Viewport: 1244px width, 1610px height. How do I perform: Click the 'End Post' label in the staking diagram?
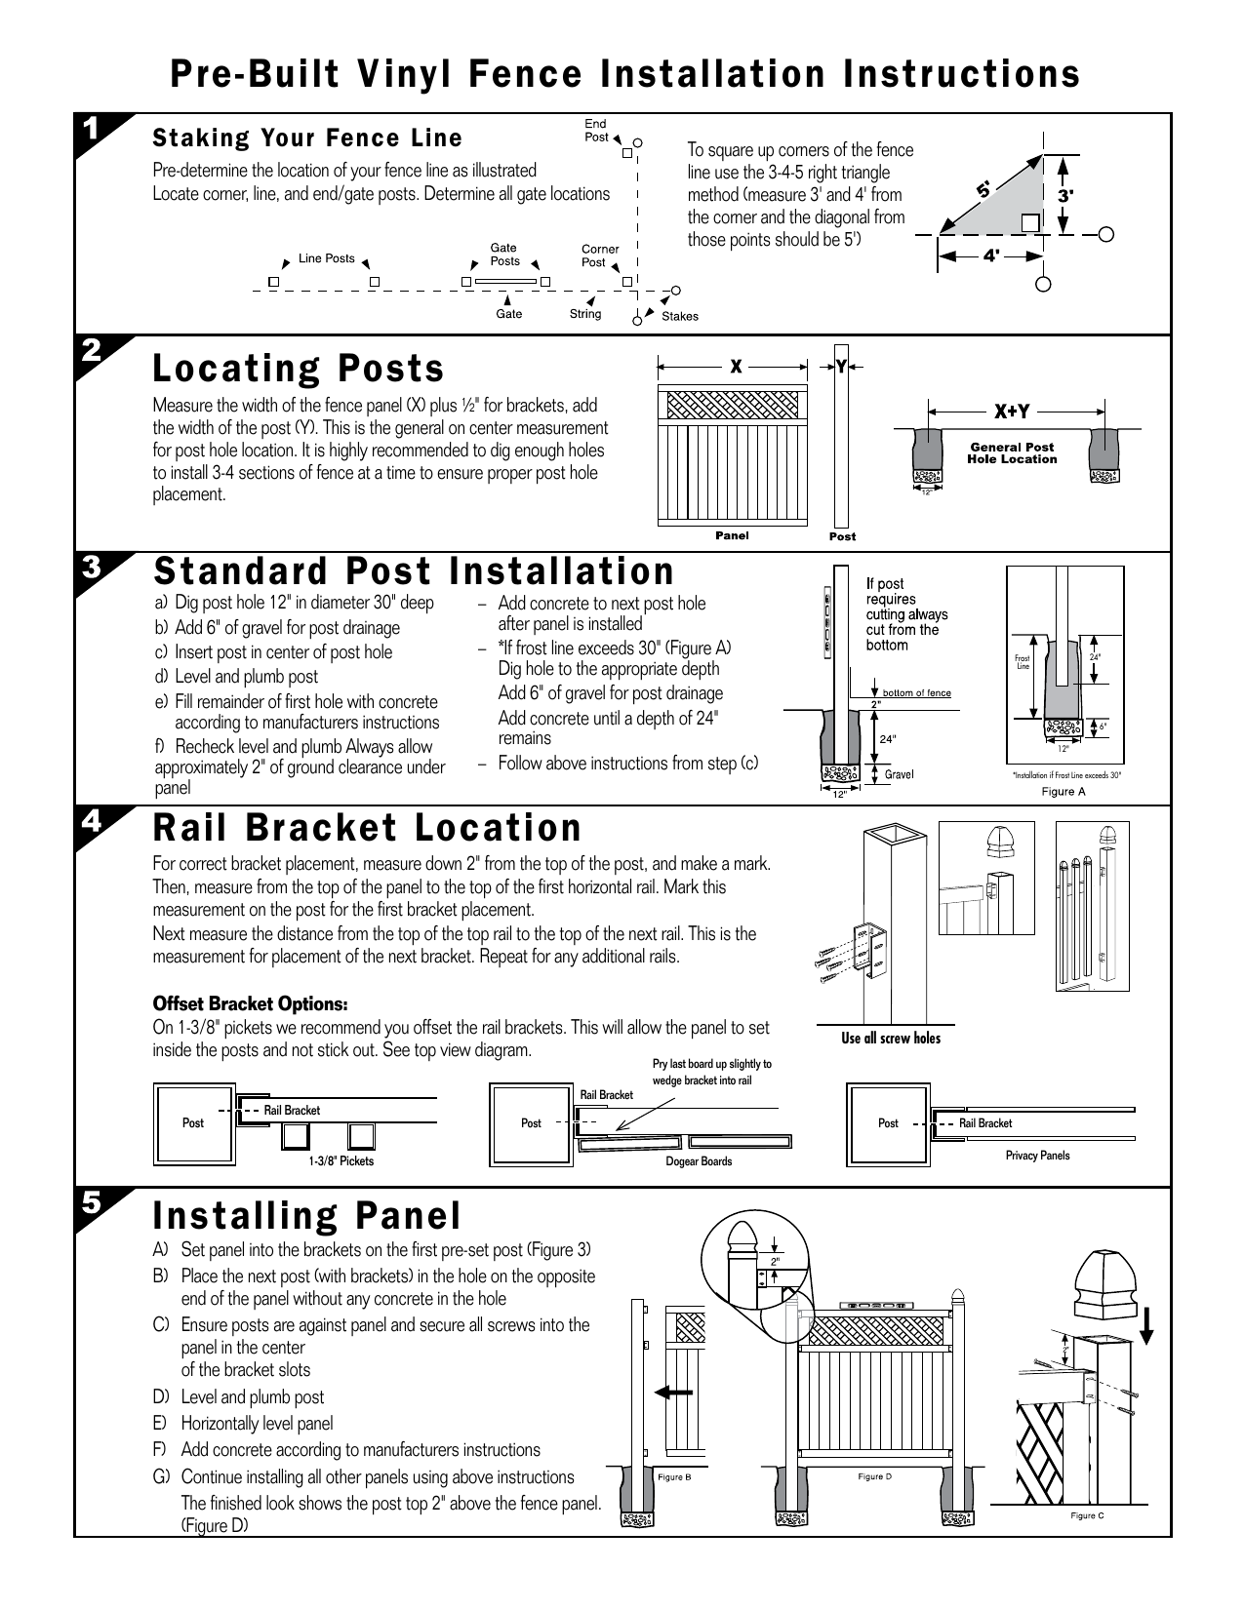tap(596, 131)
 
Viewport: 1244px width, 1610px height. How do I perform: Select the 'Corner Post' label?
tap(600, 255)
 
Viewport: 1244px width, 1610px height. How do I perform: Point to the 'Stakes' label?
tap(680, 316)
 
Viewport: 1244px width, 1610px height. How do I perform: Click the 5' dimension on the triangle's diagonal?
tap(983, 190)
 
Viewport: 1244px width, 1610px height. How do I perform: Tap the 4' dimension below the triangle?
tap(991, 256)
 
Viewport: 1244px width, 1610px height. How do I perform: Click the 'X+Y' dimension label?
tap(1011, 412)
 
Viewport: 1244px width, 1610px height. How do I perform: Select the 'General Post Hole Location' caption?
tap(1012, 452)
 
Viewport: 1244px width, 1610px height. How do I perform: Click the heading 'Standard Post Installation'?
tap(414, 570)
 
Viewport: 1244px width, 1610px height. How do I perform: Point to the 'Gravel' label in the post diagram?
tap(899, 774)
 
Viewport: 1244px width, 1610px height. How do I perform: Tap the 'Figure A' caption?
tap(1063, 791)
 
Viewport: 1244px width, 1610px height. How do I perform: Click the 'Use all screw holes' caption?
tap(891, 1038)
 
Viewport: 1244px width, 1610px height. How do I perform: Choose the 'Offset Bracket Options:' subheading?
tap(250, 1004)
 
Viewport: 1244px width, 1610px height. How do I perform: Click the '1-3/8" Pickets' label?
tap(341, 1161)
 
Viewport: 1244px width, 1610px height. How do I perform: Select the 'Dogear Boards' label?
tap(699, 1161)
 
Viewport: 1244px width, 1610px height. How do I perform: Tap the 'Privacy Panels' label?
tap(1037, 1155)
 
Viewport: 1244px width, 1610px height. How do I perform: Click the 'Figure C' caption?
tap(1087, 1516)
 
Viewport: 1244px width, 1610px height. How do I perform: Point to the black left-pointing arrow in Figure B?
tap(674, 1393)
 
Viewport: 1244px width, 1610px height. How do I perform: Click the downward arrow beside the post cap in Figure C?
tap(1146, 1325)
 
